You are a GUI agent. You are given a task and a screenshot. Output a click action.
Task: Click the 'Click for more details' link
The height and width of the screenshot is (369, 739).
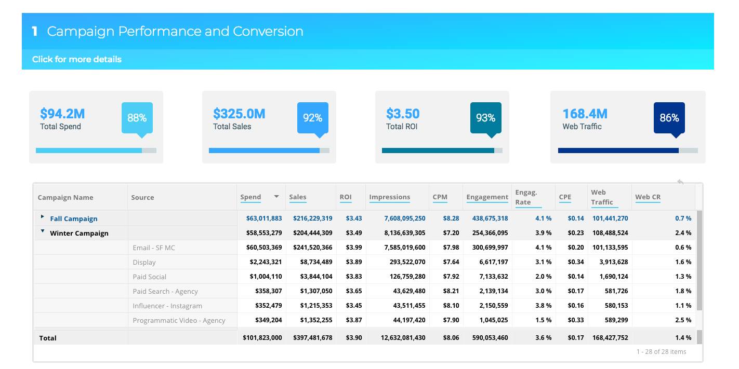(77, 59)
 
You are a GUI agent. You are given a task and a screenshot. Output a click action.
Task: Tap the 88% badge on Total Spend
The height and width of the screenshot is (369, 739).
(137, 118)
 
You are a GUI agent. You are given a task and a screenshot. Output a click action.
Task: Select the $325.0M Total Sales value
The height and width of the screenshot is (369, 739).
(239, 114)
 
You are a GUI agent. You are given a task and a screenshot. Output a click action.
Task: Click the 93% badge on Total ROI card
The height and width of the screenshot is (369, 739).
(485, 118)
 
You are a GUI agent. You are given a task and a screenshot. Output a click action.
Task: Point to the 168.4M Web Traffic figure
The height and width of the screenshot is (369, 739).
(585, 114)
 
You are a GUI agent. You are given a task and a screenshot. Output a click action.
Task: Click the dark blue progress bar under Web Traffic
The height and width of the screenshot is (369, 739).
(618, 151)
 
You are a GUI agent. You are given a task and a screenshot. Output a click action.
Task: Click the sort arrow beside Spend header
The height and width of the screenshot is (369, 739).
(276, 197)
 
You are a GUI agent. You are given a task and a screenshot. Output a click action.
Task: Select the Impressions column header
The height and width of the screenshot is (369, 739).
(389, 197)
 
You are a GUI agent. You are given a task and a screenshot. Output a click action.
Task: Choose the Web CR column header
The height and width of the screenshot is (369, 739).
(648, 197)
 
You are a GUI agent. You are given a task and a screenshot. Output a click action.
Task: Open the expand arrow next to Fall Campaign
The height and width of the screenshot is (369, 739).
(43, 216)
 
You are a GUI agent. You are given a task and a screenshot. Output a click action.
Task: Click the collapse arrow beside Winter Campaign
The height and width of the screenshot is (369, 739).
(43, 231)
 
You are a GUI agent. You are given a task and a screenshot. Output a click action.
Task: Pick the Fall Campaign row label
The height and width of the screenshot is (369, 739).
(74, 219)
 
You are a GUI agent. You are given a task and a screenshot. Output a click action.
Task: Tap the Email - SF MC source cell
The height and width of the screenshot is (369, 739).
(154, 248)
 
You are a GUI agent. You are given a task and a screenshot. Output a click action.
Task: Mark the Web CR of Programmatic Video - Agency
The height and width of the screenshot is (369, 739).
(683, 320)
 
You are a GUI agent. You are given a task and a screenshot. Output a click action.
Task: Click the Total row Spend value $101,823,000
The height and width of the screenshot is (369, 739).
(262, 338)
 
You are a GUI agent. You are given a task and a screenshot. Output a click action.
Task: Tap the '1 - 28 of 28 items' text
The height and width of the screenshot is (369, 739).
(661, 352)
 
